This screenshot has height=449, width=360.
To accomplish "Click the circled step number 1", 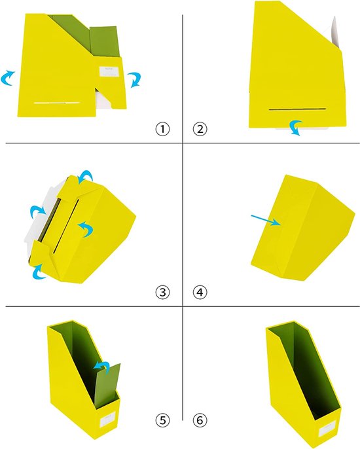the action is [x=163, y=129].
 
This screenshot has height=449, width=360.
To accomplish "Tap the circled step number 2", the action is [x=200, y=129].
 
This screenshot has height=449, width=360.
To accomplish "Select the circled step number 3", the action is [x=163, y=293].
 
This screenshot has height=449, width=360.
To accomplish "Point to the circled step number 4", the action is [x=200, y=293].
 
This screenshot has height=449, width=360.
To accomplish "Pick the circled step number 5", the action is [x=163, y=420].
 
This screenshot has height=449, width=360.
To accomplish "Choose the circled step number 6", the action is [x=200, y=420].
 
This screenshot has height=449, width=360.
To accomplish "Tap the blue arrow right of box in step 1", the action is [x=135, y=79].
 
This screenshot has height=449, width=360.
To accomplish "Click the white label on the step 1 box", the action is [x=109, y=71].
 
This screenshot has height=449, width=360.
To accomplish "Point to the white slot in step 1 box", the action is [x=57, y=103].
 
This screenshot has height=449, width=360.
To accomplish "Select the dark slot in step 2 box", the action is [x=297, y=109].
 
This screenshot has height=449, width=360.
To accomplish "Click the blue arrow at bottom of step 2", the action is [x=296, y=128].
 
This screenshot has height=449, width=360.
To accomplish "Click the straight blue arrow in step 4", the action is [x=266, y=220].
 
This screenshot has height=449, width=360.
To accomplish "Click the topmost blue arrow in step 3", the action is [x=86, y=176].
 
